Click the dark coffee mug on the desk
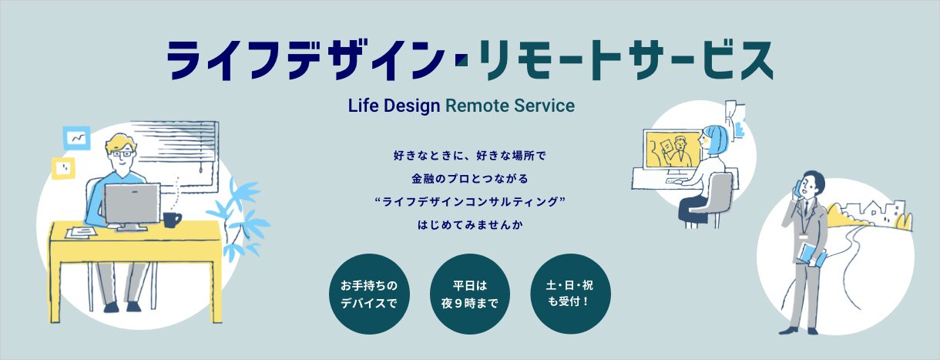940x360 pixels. [x=171, y=220]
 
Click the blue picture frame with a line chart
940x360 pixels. [x=77, y=138]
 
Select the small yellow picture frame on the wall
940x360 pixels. [x=63, y=169]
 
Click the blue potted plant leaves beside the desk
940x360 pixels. [x=240, y=218]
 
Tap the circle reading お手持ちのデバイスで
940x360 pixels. [x=369, y=294]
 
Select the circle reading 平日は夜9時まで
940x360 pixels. [x=469, y=294]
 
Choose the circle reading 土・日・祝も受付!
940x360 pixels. [x=570, y=294]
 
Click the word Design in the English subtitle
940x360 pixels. [x=411, y=106]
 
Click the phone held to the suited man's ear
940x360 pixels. [x=796, y=188]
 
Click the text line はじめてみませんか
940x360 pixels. [x=470, y=225]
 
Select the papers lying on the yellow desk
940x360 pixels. [x=82, y=232]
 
